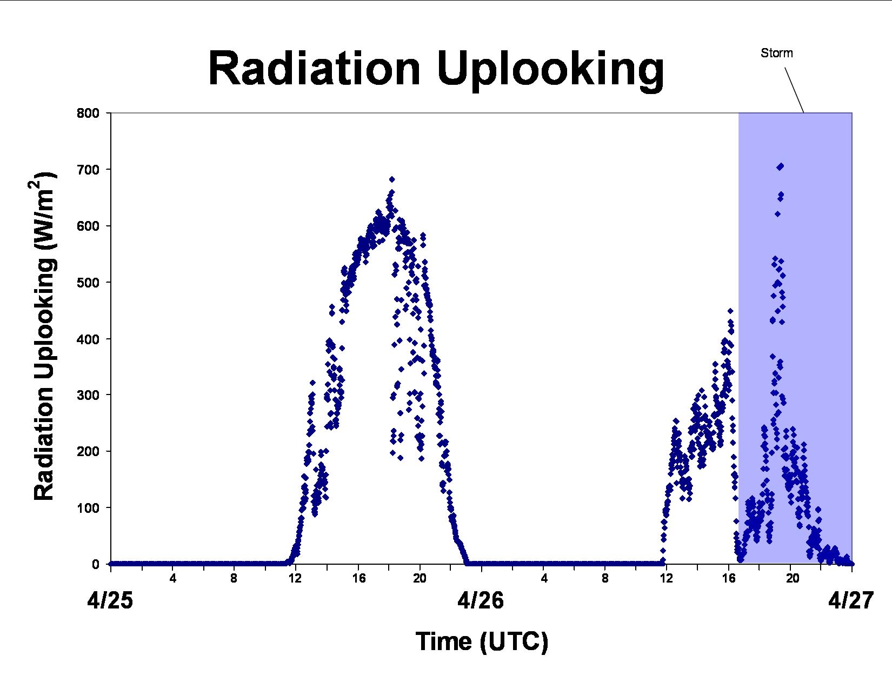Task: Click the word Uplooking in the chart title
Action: tap(550, 71)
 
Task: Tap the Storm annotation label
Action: tap(777, 53)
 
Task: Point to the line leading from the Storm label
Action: tap(794, 90)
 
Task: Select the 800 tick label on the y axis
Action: tap(88, 113)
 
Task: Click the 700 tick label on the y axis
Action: tap(88, 170)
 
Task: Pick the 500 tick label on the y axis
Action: tap(88, 282)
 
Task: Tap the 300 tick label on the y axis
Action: tap(88, 395)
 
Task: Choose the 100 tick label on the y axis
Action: tap(88, 508)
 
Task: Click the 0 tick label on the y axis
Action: tap(96, 564)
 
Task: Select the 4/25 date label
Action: tap(110, 601)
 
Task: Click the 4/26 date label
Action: tap(480, 601)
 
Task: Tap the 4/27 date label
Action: tap(850, 601)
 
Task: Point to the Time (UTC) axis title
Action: tap(482, 641)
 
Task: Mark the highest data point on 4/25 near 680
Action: tap(392, 179)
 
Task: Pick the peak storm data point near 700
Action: tap(780, 166)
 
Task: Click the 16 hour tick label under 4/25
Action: tap(359, 578)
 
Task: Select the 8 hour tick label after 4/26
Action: tap(605, 578)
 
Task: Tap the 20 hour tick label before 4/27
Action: tap(792, 578)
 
